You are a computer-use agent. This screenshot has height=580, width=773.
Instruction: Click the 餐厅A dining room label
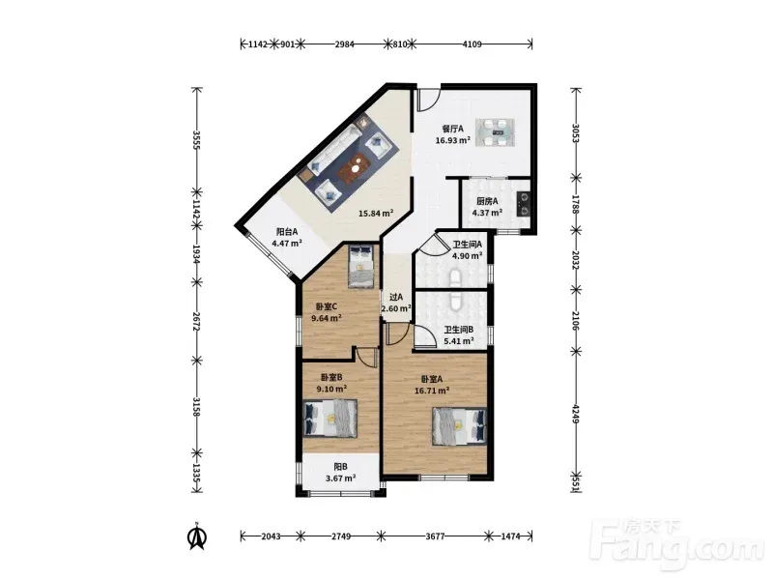click(x=452, y=130)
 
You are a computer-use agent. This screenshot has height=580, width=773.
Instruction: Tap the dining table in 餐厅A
click(x=495, y=132)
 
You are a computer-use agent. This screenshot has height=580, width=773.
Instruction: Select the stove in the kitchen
click(x=523, y=204)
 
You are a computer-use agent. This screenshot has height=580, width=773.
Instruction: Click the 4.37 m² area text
click(x=487, y=213)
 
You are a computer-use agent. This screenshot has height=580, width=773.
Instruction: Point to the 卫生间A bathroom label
click(x=468, y=245)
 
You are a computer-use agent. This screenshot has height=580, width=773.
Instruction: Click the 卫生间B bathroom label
click(x=459, y=330)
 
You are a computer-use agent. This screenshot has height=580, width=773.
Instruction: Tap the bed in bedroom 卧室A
click(x=460, y=426)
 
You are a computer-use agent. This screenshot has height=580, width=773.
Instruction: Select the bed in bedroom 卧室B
click(x=329, y=419)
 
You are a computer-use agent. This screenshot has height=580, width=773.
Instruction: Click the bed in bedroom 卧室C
click(x=361, y=267)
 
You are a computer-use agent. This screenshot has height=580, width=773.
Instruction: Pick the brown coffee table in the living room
click(x=355, y=167)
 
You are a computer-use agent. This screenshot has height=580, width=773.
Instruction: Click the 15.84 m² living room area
click(x=376, y=214)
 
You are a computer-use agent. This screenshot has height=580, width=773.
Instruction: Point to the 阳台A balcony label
click(x=287, y=231)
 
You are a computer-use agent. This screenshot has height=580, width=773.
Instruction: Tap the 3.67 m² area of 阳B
click(x=341, y=478)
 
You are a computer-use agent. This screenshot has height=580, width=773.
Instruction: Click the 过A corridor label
click(x=396, y=297)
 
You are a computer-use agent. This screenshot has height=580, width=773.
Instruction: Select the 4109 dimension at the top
click(x=472, y=44)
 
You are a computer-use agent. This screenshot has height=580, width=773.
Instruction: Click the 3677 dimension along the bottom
click(x=435, y=536)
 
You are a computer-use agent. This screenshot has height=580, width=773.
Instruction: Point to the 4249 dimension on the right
click(x=575, y=414)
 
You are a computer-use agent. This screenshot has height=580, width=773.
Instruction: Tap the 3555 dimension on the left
click(x=197, y=140)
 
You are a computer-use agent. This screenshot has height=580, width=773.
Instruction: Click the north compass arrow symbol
click(x=198, y=536)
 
